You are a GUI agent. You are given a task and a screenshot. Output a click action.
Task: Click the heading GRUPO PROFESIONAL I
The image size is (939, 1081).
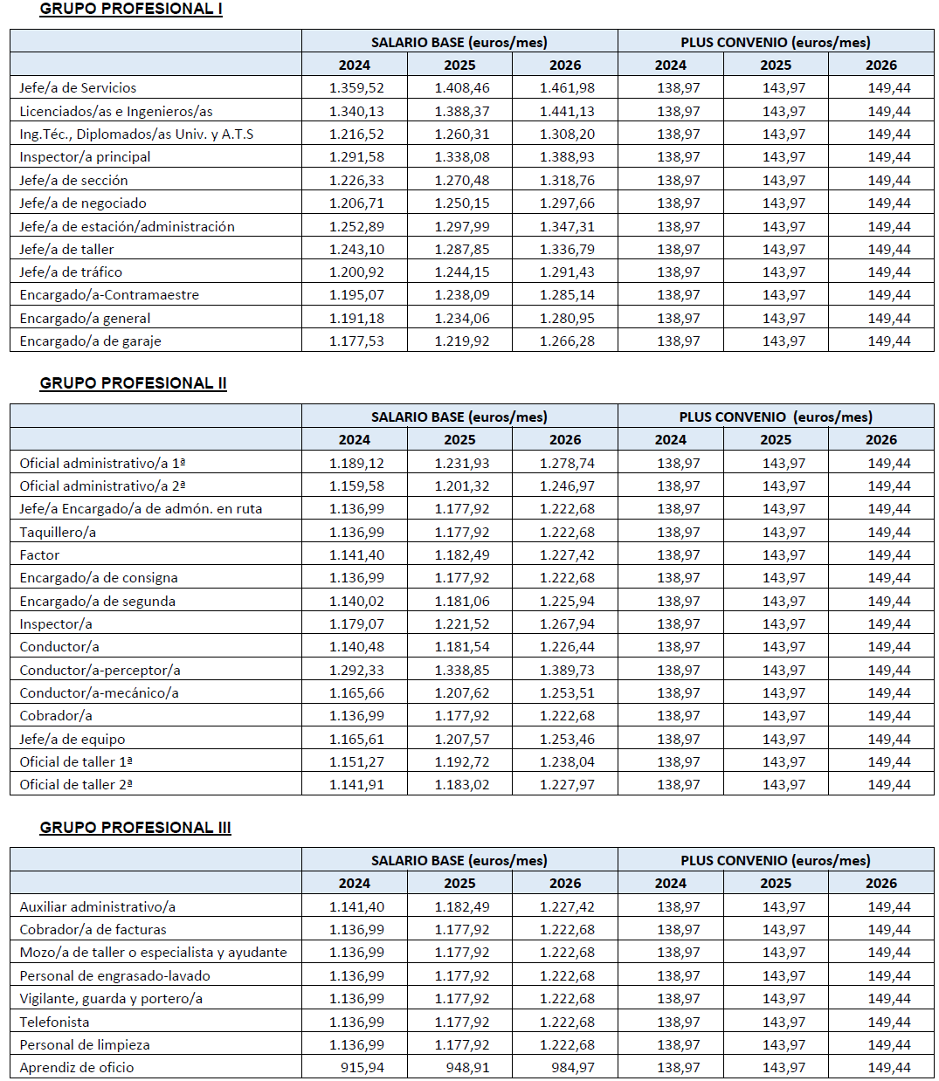(x=131, y=9)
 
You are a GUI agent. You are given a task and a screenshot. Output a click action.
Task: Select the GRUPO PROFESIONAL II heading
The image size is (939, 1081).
(x=133, y=383)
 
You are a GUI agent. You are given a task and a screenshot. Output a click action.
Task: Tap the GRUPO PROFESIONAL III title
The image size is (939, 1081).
(x=135, y=828)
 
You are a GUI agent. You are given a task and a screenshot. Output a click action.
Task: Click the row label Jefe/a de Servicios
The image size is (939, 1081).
(x=78, y=88)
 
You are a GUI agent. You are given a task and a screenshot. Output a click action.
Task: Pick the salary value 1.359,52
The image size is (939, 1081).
(x=356, y=88)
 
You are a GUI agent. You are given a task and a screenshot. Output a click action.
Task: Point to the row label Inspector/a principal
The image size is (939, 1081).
(x=85, y=157)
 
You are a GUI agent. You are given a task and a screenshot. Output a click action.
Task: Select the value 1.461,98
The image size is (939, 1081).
(x=567, y=88)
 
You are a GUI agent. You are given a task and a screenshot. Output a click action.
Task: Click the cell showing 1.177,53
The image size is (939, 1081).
(x=356, y=341)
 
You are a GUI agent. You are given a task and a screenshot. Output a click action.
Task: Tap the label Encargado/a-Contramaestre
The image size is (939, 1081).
(x=109, y=295)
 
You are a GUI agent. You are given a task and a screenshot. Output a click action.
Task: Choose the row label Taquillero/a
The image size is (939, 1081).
(x=58, y=533)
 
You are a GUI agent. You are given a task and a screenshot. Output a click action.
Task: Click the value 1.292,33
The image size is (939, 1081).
(x=356, y=671)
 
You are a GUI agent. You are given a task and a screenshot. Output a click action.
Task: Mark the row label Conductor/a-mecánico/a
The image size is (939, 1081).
(x=99, y=693)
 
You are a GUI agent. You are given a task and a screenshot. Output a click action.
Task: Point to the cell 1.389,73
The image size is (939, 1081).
(x=567, y=671)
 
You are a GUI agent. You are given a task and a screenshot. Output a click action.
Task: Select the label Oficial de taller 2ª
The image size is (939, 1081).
(x=76, y=785)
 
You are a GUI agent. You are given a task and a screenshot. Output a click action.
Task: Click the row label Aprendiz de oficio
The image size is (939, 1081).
(x=77, y=1068)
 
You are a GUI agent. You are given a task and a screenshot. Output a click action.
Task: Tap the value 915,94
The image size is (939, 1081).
(x=362, y=1068)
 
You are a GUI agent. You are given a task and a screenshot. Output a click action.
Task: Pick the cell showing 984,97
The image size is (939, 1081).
(x=572, y=1068)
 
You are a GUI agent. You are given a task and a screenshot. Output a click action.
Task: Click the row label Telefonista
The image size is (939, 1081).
(x=54, y=1022)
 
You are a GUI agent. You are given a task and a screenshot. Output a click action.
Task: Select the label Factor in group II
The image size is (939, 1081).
(x=39, y=555)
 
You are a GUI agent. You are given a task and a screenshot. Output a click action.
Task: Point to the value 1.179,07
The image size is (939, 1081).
(x=356, y=624)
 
